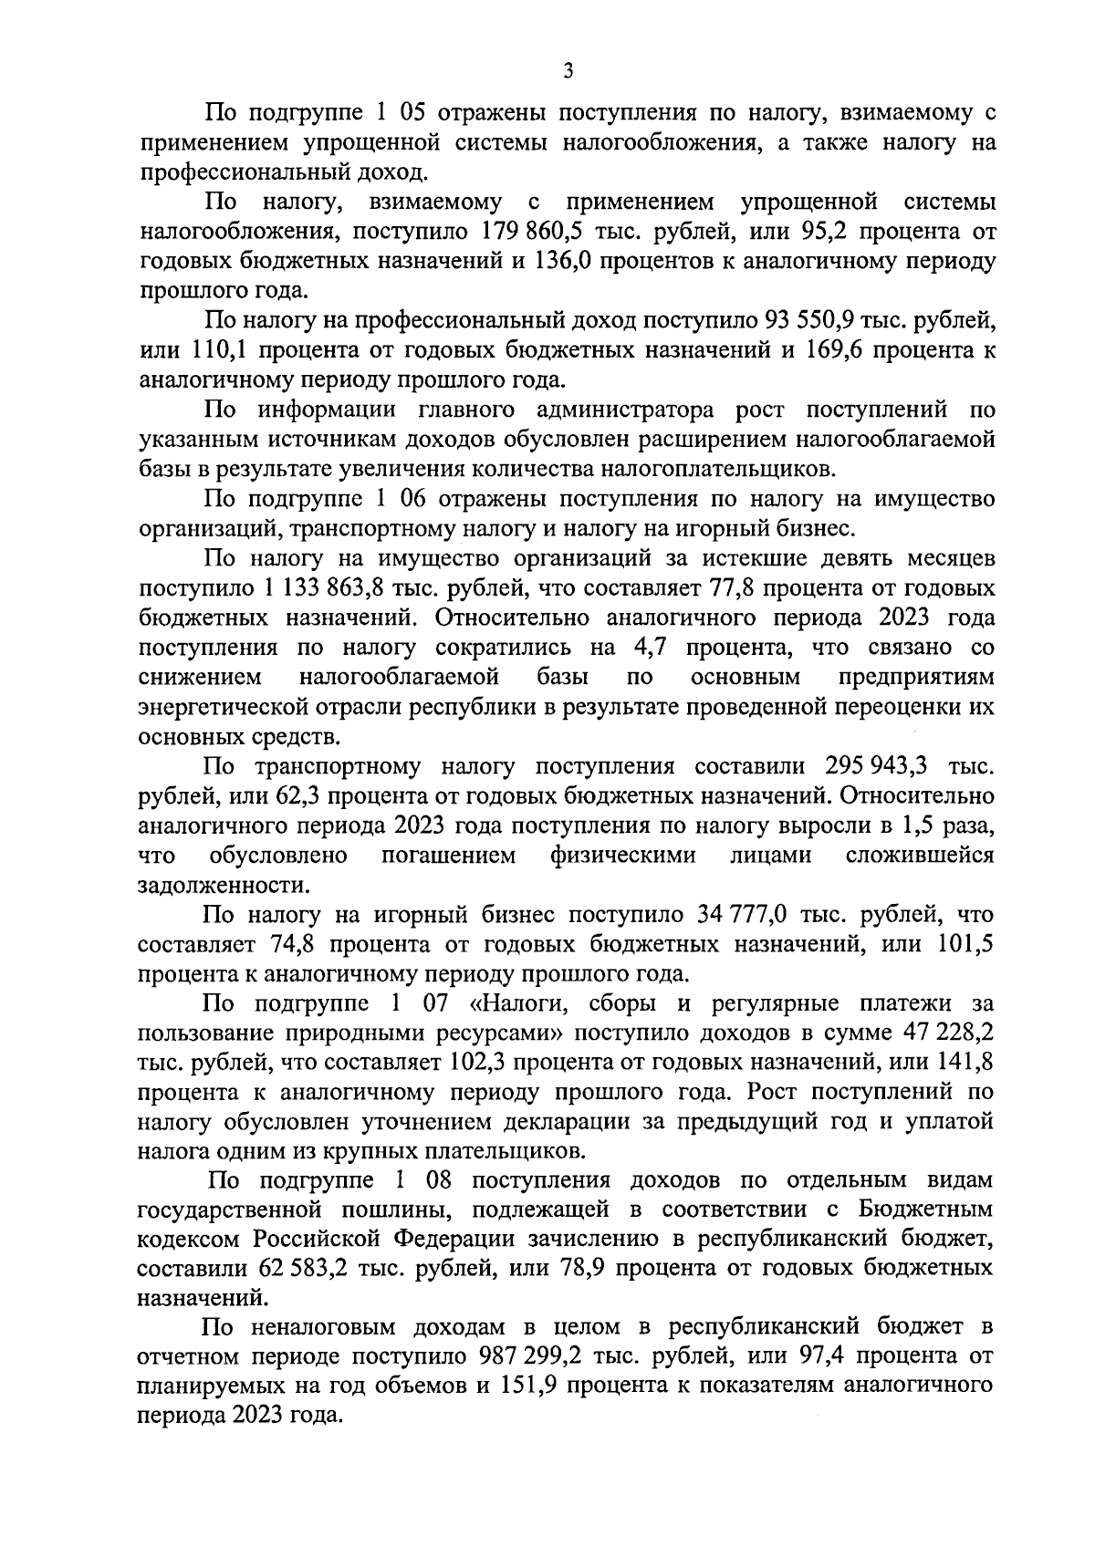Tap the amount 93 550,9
[x=819, y=320]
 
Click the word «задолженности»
[x=216, y=886]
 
